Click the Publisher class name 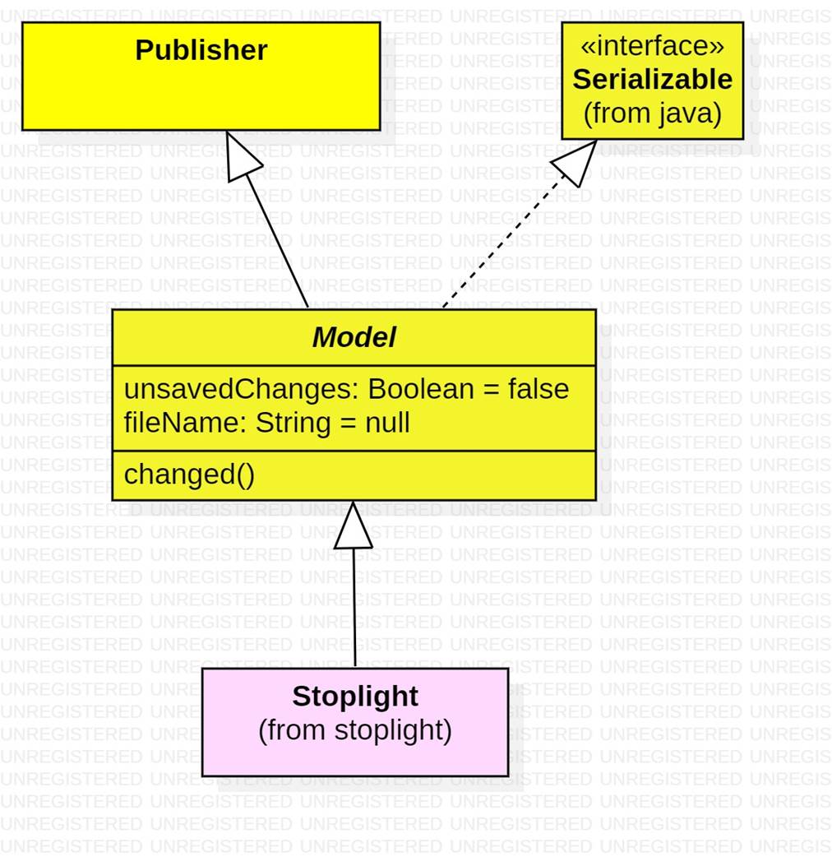pos(201,51)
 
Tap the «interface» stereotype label pos(652,46)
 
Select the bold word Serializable pos(652,80)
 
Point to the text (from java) pos(652,113)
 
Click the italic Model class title pos(354,337)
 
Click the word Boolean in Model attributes pos(420,388)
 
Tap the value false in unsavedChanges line pos(538,388)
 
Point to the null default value pos(387,424)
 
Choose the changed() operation pos(189,475)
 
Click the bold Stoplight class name pos(355,697)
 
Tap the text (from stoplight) pos(355,730)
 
